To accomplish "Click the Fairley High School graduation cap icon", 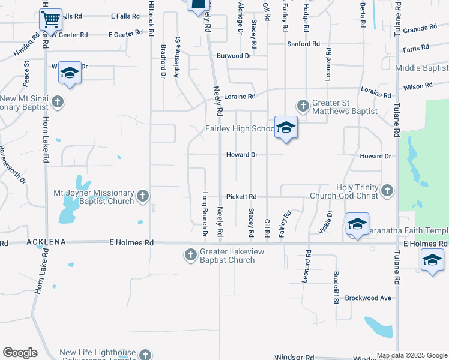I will pos(286,127).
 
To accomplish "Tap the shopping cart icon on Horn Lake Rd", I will pos(51,19).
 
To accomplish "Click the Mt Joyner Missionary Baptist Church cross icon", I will pos(143,196).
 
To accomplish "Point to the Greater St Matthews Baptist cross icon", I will pos(303,106).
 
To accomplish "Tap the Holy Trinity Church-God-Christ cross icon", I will pos(387,191).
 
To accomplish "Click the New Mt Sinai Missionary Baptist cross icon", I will pos(58,101).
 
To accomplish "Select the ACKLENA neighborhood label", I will pos(46,242).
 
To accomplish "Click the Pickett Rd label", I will pos(241,197).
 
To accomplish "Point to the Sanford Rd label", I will pos(303,44).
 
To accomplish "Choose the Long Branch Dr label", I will pos(205,213).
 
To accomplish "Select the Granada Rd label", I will pos(420,29).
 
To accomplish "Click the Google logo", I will pos(20,353).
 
